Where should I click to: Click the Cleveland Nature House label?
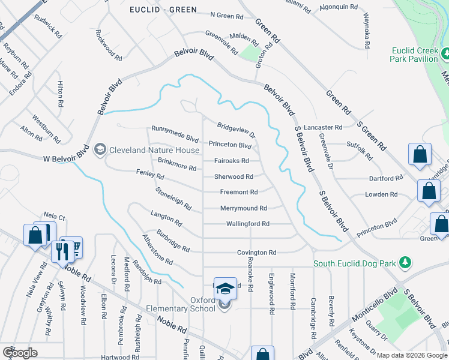coord(154,150)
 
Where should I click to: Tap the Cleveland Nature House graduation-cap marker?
coord(100,149)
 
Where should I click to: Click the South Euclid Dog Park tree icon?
coord(405,263)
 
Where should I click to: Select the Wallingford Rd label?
coord(247,224)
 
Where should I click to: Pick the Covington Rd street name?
coord(256,253)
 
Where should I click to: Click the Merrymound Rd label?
coord(243,208)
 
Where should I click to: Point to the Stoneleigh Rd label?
coord(173,199)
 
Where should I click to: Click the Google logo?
coord(20,353)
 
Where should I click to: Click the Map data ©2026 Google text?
coord(412,355)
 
